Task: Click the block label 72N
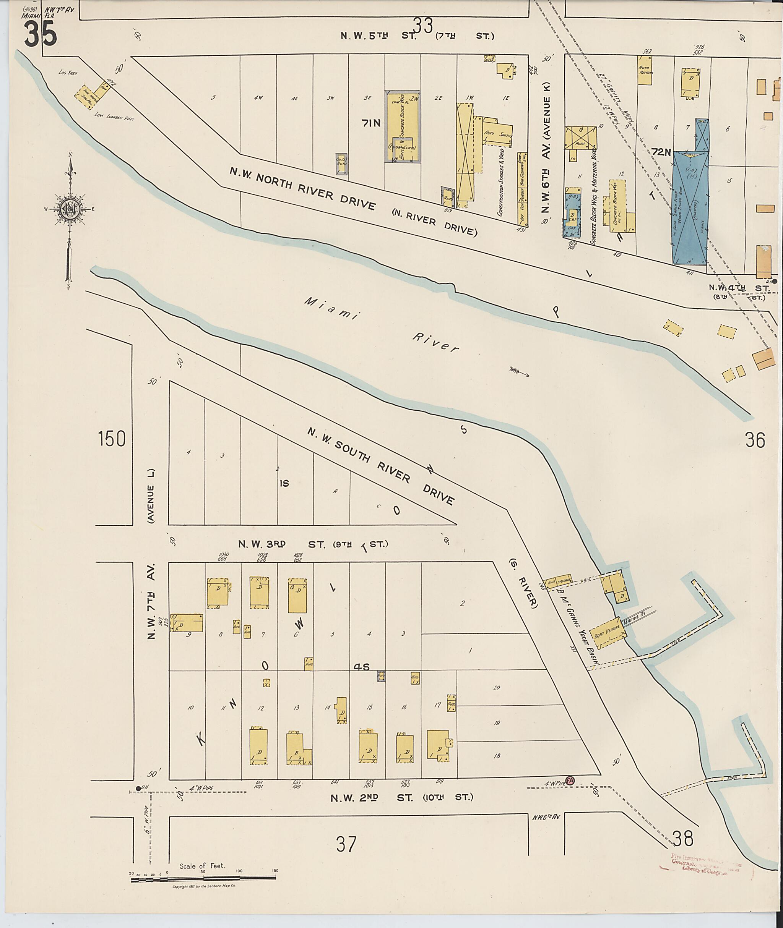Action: coord(661,152)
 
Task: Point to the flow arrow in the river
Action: coord(519,371)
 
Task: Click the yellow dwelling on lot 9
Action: coord(187,623)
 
